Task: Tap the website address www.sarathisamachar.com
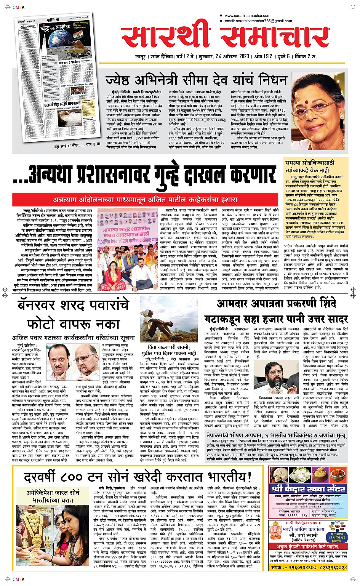point(247,16)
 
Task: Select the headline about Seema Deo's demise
point(196,80)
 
